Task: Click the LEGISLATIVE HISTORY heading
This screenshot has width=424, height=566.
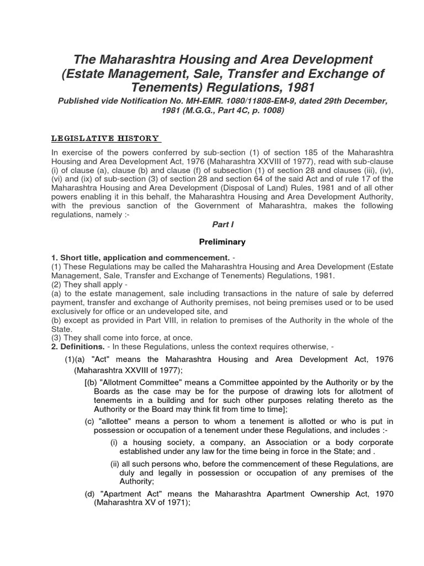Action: (105, 138)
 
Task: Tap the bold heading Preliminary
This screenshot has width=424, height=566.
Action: (222, 242)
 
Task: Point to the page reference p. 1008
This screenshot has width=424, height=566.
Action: (267, 110)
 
